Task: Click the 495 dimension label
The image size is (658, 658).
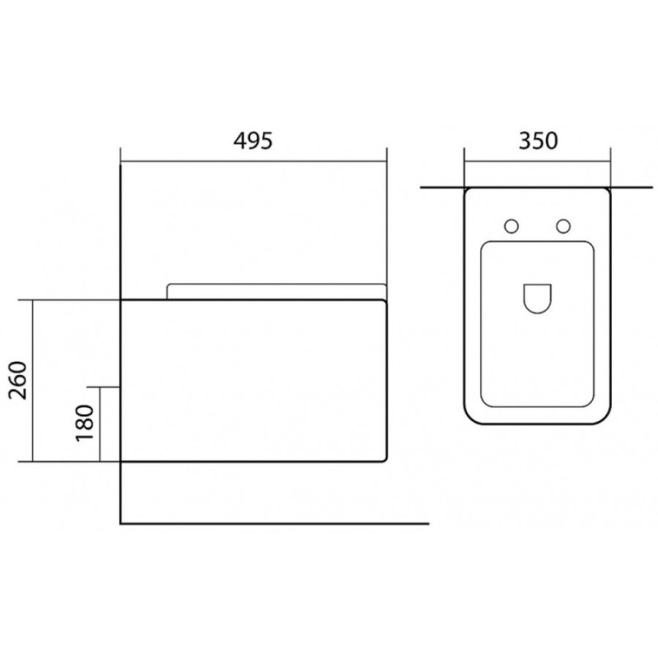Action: pos(253,141)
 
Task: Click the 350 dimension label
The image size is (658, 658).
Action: pos(539,141)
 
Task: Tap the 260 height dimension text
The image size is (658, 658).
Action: pos(18,380)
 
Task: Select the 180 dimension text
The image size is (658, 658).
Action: pos(85,423)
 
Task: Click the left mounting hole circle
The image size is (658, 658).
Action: pos(511,227)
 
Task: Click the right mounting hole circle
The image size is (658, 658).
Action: pos(563,227)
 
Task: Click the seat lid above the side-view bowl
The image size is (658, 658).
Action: pos(276,285)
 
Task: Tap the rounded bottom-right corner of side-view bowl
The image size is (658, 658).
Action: pos(383,459)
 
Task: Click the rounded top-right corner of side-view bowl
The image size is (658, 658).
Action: pos(383,302)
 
